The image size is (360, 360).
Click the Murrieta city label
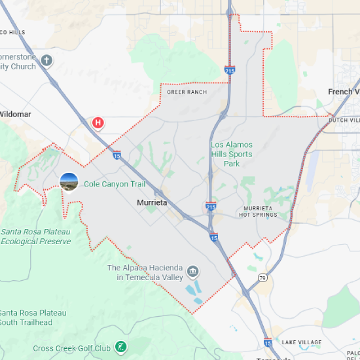click(152, 203)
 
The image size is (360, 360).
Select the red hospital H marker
click(98, 122)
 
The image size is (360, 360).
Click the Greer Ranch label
click(187, 92)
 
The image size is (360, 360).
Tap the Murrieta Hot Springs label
click(258, 211)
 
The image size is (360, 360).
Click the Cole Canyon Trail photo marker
click(69, 182)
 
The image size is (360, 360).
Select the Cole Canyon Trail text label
click(115, 184)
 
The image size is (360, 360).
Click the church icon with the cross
click(46, 61)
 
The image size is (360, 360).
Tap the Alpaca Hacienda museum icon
click(192, 272)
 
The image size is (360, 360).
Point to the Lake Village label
click(302, 342)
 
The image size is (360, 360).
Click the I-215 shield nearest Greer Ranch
click(229, 69)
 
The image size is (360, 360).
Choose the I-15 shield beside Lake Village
click(267, 342)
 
